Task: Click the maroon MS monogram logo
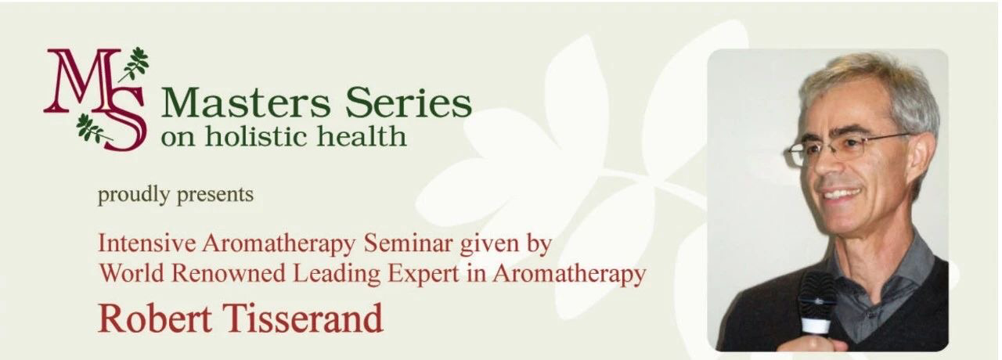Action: (x=96, y=99)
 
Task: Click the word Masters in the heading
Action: (x=247, y=103)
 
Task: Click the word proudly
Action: (x=134, y=196)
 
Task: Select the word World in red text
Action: (x=131, y=273)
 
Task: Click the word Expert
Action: (x=424, y=274)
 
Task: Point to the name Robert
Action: (x=155, y=318)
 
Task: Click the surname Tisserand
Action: (x=305, y=318)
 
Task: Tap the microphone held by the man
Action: (x=817, y=304)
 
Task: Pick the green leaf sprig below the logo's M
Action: (x=92, y=128)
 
